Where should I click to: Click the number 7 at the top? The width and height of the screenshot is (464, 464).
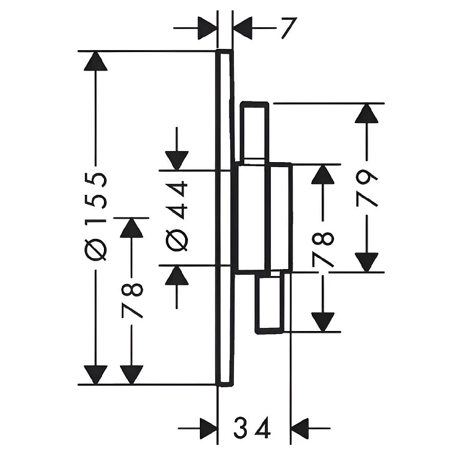click(x=288, y=28)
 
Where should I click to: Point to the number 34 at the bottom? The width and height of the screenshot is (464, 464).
click(x=252, y=427)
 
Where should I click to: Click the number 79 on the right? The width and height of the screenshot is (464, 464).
click(x=367, y=188)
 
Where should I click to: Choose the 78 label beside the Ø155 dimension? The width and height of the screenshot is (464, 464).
click(x=132, y=300)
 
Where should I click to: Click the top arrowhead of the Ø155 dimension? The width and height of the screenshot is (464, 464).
click(x=95, y=61)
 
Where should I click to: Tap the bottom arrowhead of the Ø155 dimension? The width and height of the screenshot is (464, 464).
click(x=95, y=375)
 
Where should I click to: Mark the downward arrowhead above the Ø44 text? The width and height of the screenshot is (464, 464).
click(x=177, y=161)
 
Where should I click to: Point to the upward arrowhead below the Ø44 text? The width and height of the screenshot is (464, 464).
click(x=177, y=275)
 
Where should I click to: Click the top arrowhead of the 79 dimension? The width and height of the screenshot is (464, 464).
click(x=367, y=113)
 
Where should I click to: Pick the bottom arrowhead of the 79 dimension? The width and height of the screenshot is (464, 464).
click(x=367, y=262)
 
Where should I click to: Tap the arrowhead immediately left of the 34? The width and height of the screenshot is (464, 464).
click(x=209, y=428)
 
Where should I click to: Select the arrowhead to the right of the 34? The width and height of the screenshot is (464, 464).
click(x=300, y=428)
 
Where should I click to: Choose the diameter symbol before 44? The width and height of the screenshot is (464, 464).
click(x=177, y=240)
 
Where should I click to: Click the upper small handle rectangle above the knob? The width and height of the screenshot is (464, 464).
click(x=255, y=132)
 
